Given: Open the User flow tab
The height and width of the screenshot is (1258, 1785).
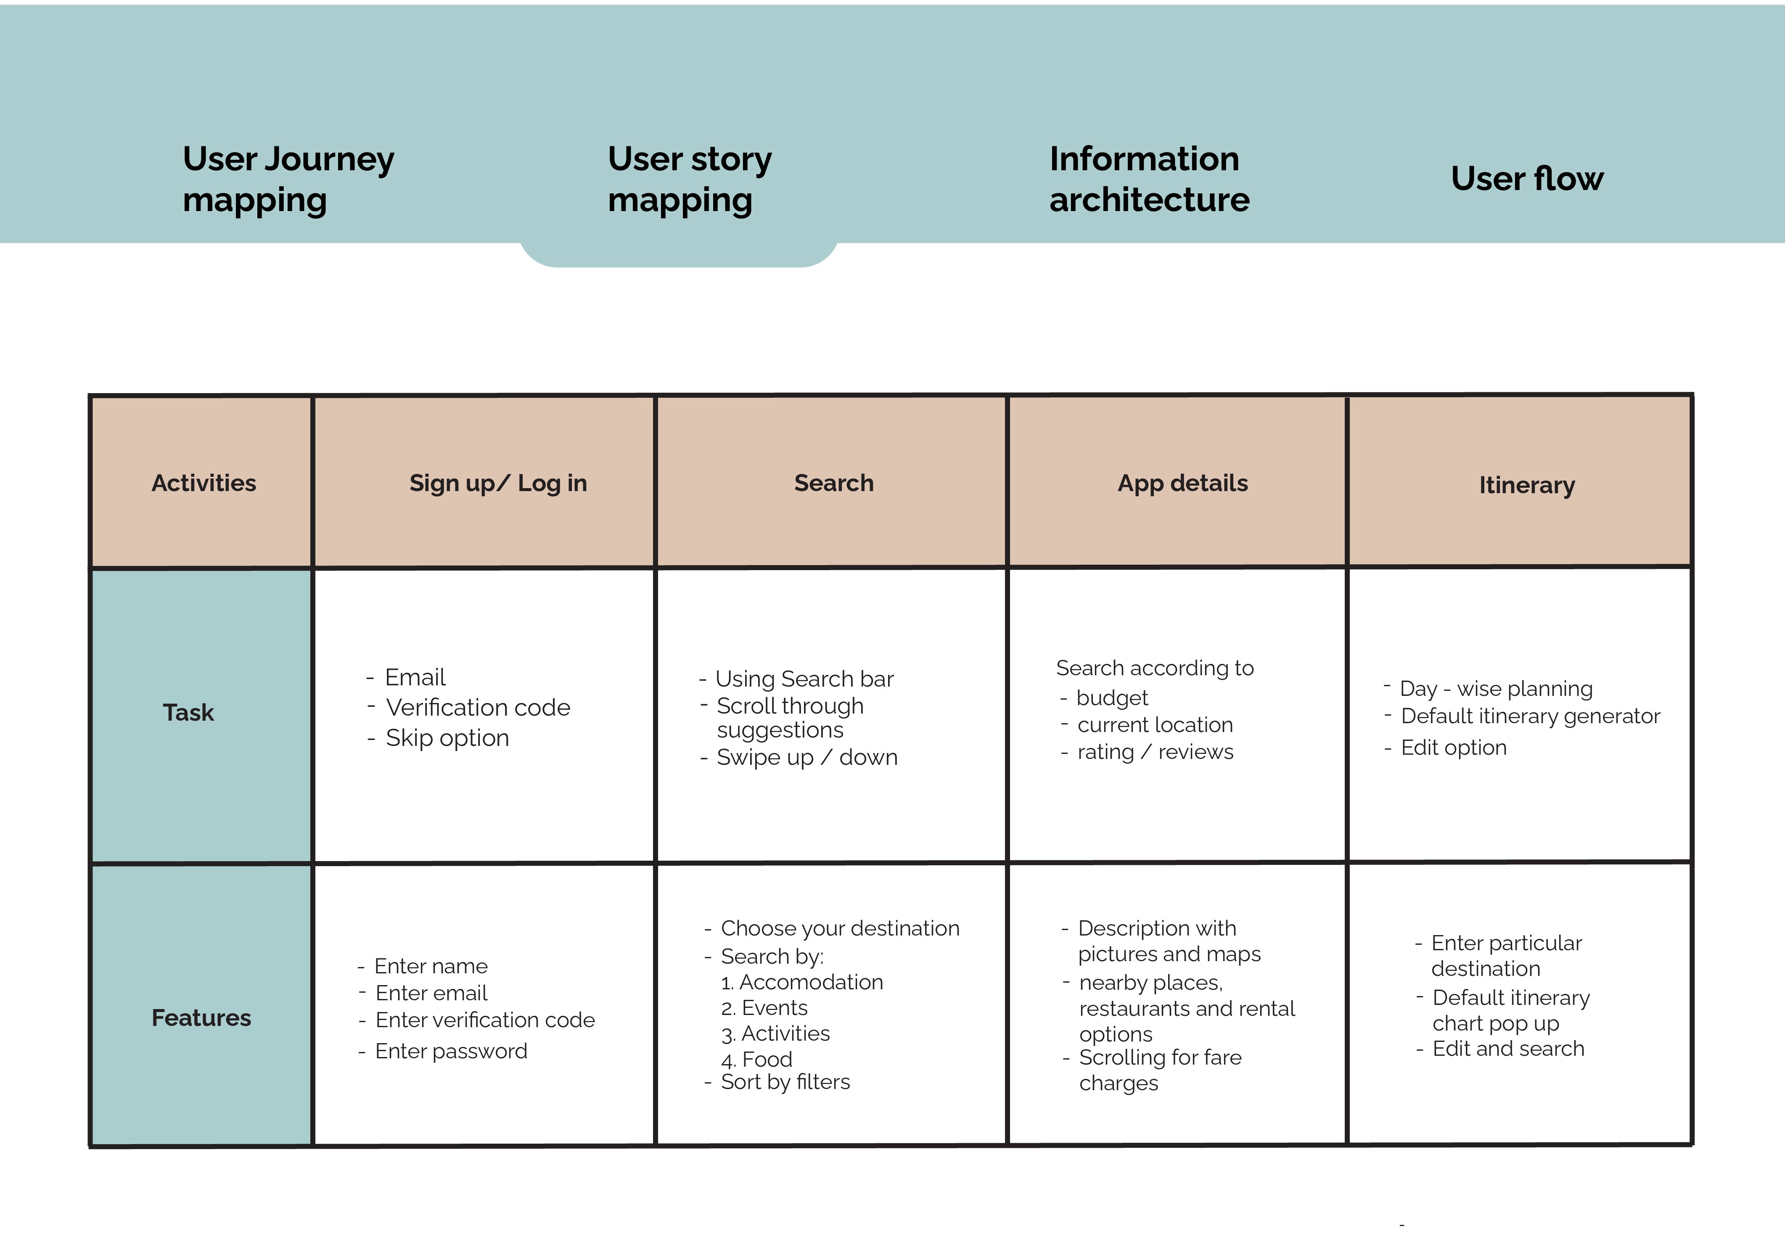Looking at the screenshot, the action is [x=1527, y=179].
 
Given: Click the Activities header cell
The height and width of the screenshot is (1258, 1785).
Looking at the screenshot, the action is [x=204, y=483].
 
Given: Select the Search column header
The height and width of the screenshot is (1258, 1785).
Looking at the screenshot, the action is [x=833, y=483].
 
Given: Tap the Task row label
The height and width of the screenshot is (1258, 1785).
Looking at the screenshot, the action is [x=188, y=712].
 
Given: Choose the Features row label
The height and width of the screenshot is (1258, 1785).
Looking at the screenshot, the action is [x=201, y=1018].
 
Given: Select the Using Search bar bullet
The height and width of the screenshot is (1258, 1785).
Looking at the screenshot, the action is [x=796, y=679].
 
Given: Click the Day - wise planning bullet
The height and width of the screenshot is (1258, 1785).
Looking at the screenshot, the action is [x=1488, y=689].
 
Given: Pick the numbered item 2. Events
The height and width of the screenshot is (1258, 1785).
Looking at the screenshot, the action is [x=764, y=1008].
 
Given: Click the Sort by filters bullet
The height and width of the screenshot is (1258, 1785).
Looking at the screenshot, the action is [x=777, y=1082].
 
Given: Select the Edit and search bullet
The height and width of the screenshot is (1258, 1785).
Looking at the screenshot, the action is [x=1499, y=1049].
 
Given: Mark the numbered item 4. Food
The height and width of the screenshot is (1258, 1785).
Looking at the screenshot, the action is [x=756, y=1060].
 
